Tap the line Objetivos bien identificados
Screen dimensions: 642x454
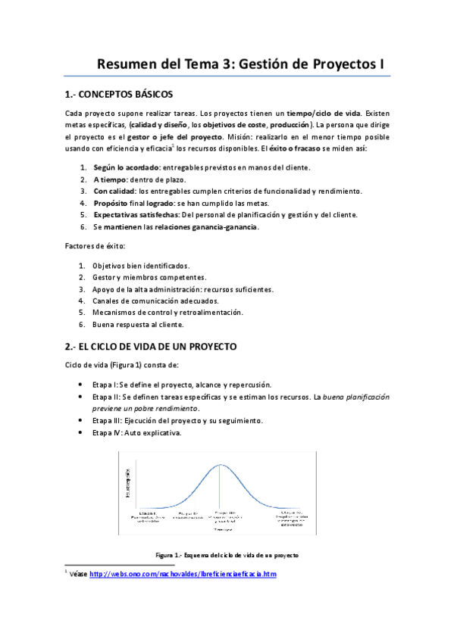click(140, 266)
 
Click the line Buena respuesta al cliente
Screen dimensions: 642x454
click(137, 324)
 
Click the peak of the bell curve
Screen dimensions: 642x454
click(221, 463)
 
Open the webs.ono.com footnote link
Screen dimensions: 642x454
click(183, 575)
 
